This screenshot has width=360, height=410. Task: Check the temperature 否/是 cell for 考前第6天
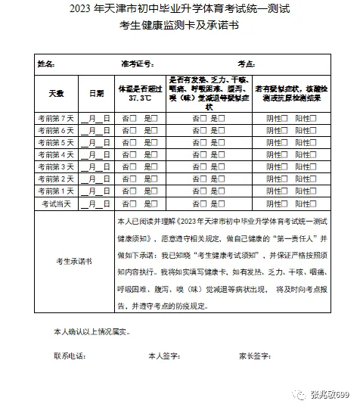[141, 130]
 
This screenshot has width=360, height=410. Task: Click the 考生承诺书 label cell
[74, 261]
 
